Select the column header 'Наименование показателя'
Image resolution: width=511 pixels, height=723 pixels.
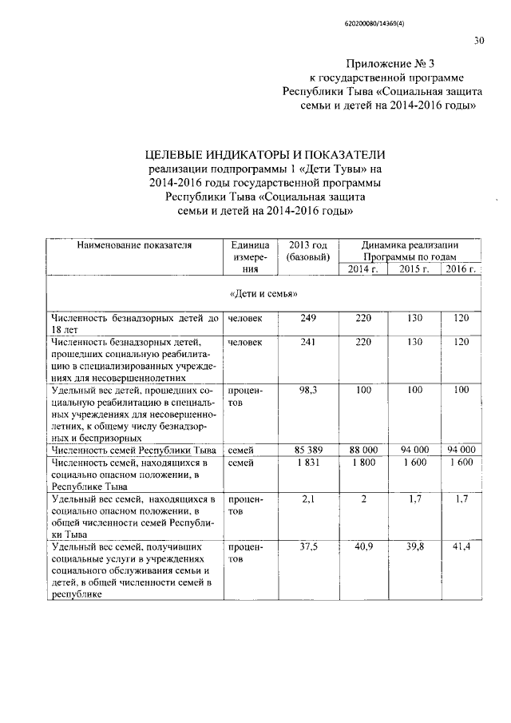click(x=134, y=245)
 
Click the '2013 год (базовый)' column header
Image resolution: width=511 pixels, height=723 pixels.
click(x=308, y=251)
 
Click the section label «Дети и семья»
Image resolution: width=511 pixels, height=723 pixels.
click(x=263, y=294)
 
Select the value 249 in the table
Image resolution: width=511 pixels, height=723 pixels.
click(x=308, y=319)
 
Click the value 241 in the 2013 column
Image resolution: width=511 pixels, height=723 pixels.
click(x=308, y=341)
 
